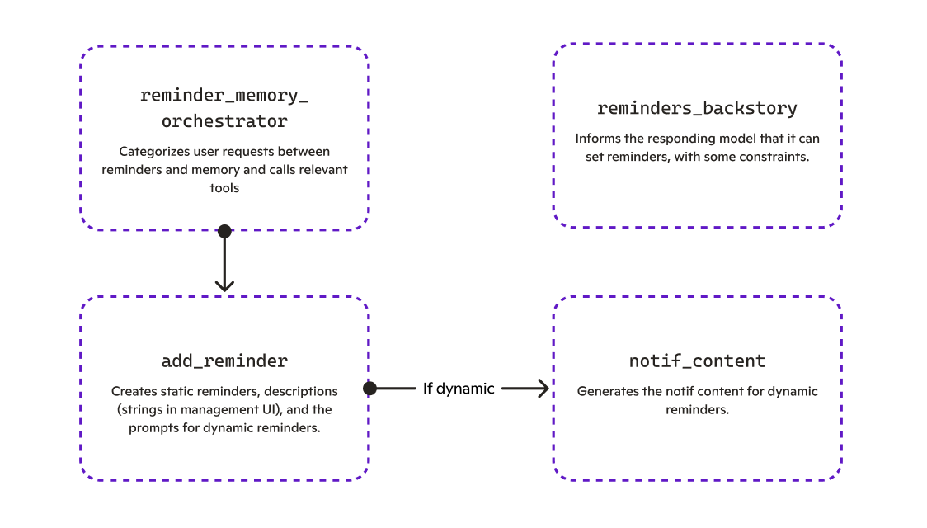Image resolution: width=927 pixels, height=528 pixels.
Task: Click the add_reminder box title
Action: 224,361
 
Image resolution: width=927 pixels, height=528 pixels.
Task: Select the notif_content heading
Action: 697,361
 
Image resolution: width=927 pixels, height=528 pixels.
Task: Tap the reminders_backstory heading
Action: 697,108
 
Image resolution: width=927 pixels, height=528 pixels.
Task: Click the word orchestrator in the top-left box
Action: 224,121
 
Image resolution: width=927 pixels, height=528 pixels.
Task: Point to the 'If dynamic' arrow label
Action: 459,388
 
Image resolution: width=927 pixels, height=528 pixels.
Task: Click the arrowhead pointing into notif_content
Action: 543,388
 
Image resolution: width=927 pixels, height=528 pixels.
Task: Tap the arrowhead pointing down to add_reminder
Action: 224,285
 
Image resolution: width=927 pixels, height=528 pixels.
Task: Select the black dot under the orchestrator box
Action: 224,231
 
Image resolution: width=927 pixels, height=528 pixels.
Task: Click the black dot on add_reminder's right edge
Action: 369,388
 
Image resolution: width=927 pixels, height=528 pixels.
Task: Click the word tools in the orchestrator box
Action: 224,188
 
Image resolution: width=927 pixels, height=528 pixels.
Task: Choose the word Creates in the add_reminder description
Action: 132,391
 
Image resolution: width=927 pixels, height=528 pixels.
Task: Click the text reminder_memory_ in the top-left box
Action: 224,95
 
